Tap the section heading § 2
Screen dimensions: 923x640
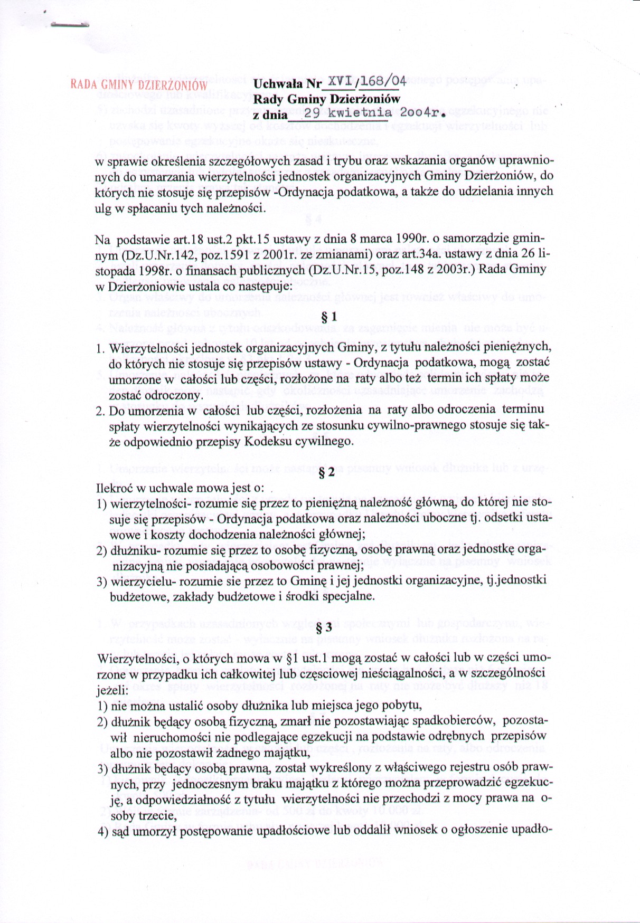[327, 472]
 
